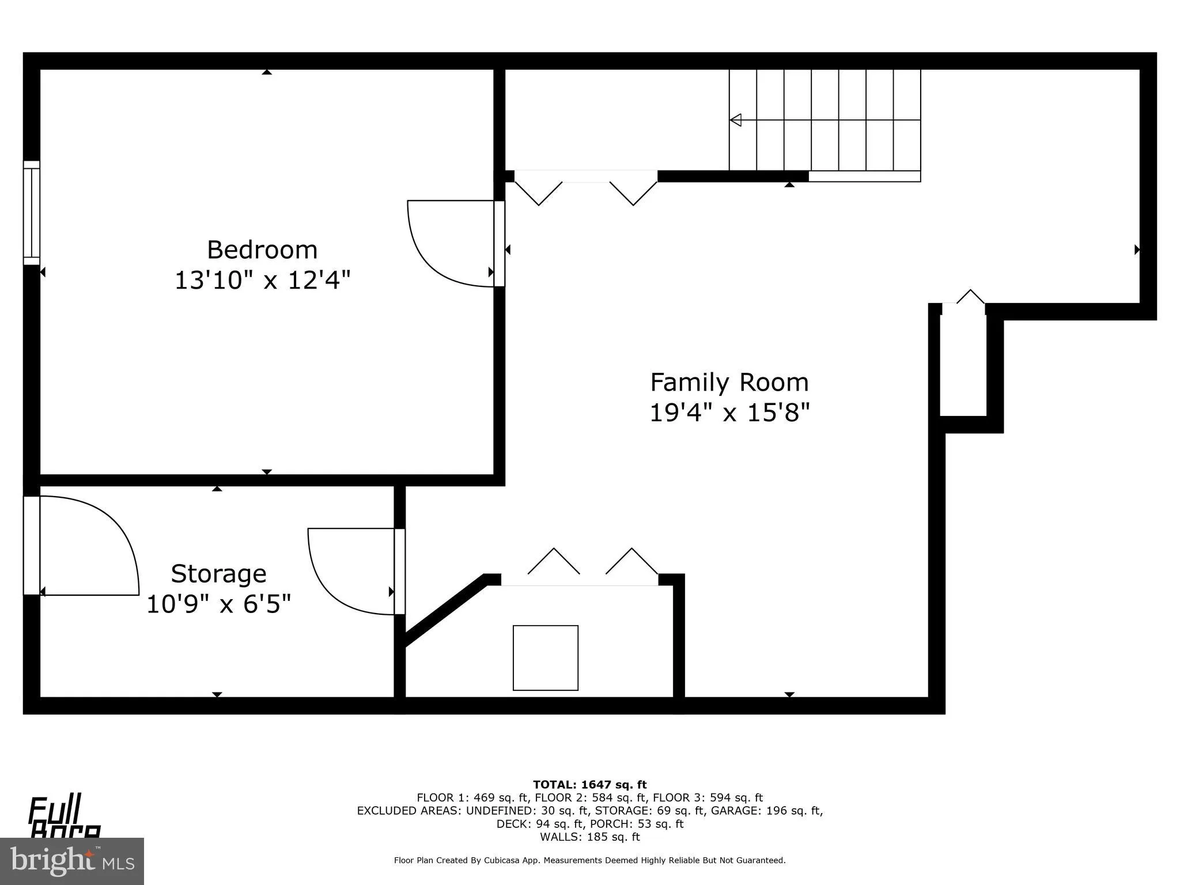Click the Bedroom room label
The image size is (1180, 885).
[262, 250]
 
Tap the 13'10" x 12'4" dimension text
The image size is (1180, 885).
[262, 281]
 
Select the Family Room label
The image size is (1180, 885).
[729, 383]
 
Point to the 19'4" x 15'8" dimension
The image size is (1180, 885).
[729, 413]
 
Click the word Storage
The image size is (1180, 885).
[218, 574]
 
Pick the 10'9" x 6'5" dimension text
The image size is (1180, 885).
[218, 605]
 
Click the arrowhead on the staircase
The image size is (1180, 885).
[736, 120]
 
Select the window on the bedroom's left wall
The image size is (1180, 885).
[32, 213]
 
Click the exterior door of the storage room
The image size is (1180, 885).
[32, 545]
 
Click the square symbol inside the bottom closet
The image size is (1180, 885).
[545, 657]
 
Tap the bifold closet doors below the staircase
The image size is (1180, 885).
[585, 187]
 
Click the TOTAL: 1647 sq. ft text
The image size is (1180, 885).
[589, 785]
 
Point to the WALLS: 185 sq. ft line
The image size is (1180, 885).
[589, 837]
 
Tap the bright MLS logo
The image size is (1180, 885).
[72, 861]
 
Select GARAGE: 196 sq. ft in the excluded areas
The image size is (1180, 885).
[766, 811]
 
